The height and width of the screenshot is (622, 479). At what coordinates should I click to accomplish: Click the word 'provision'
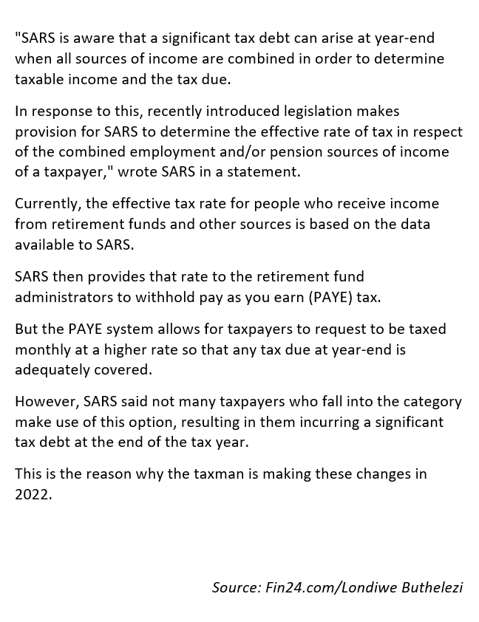click(46, 132)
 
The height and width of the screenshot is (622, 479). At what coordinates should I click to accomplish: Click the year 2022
click(33, 494)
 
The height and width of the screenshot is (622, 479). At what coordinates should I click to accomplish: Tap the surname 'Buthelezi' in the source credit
click(431, 587)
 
